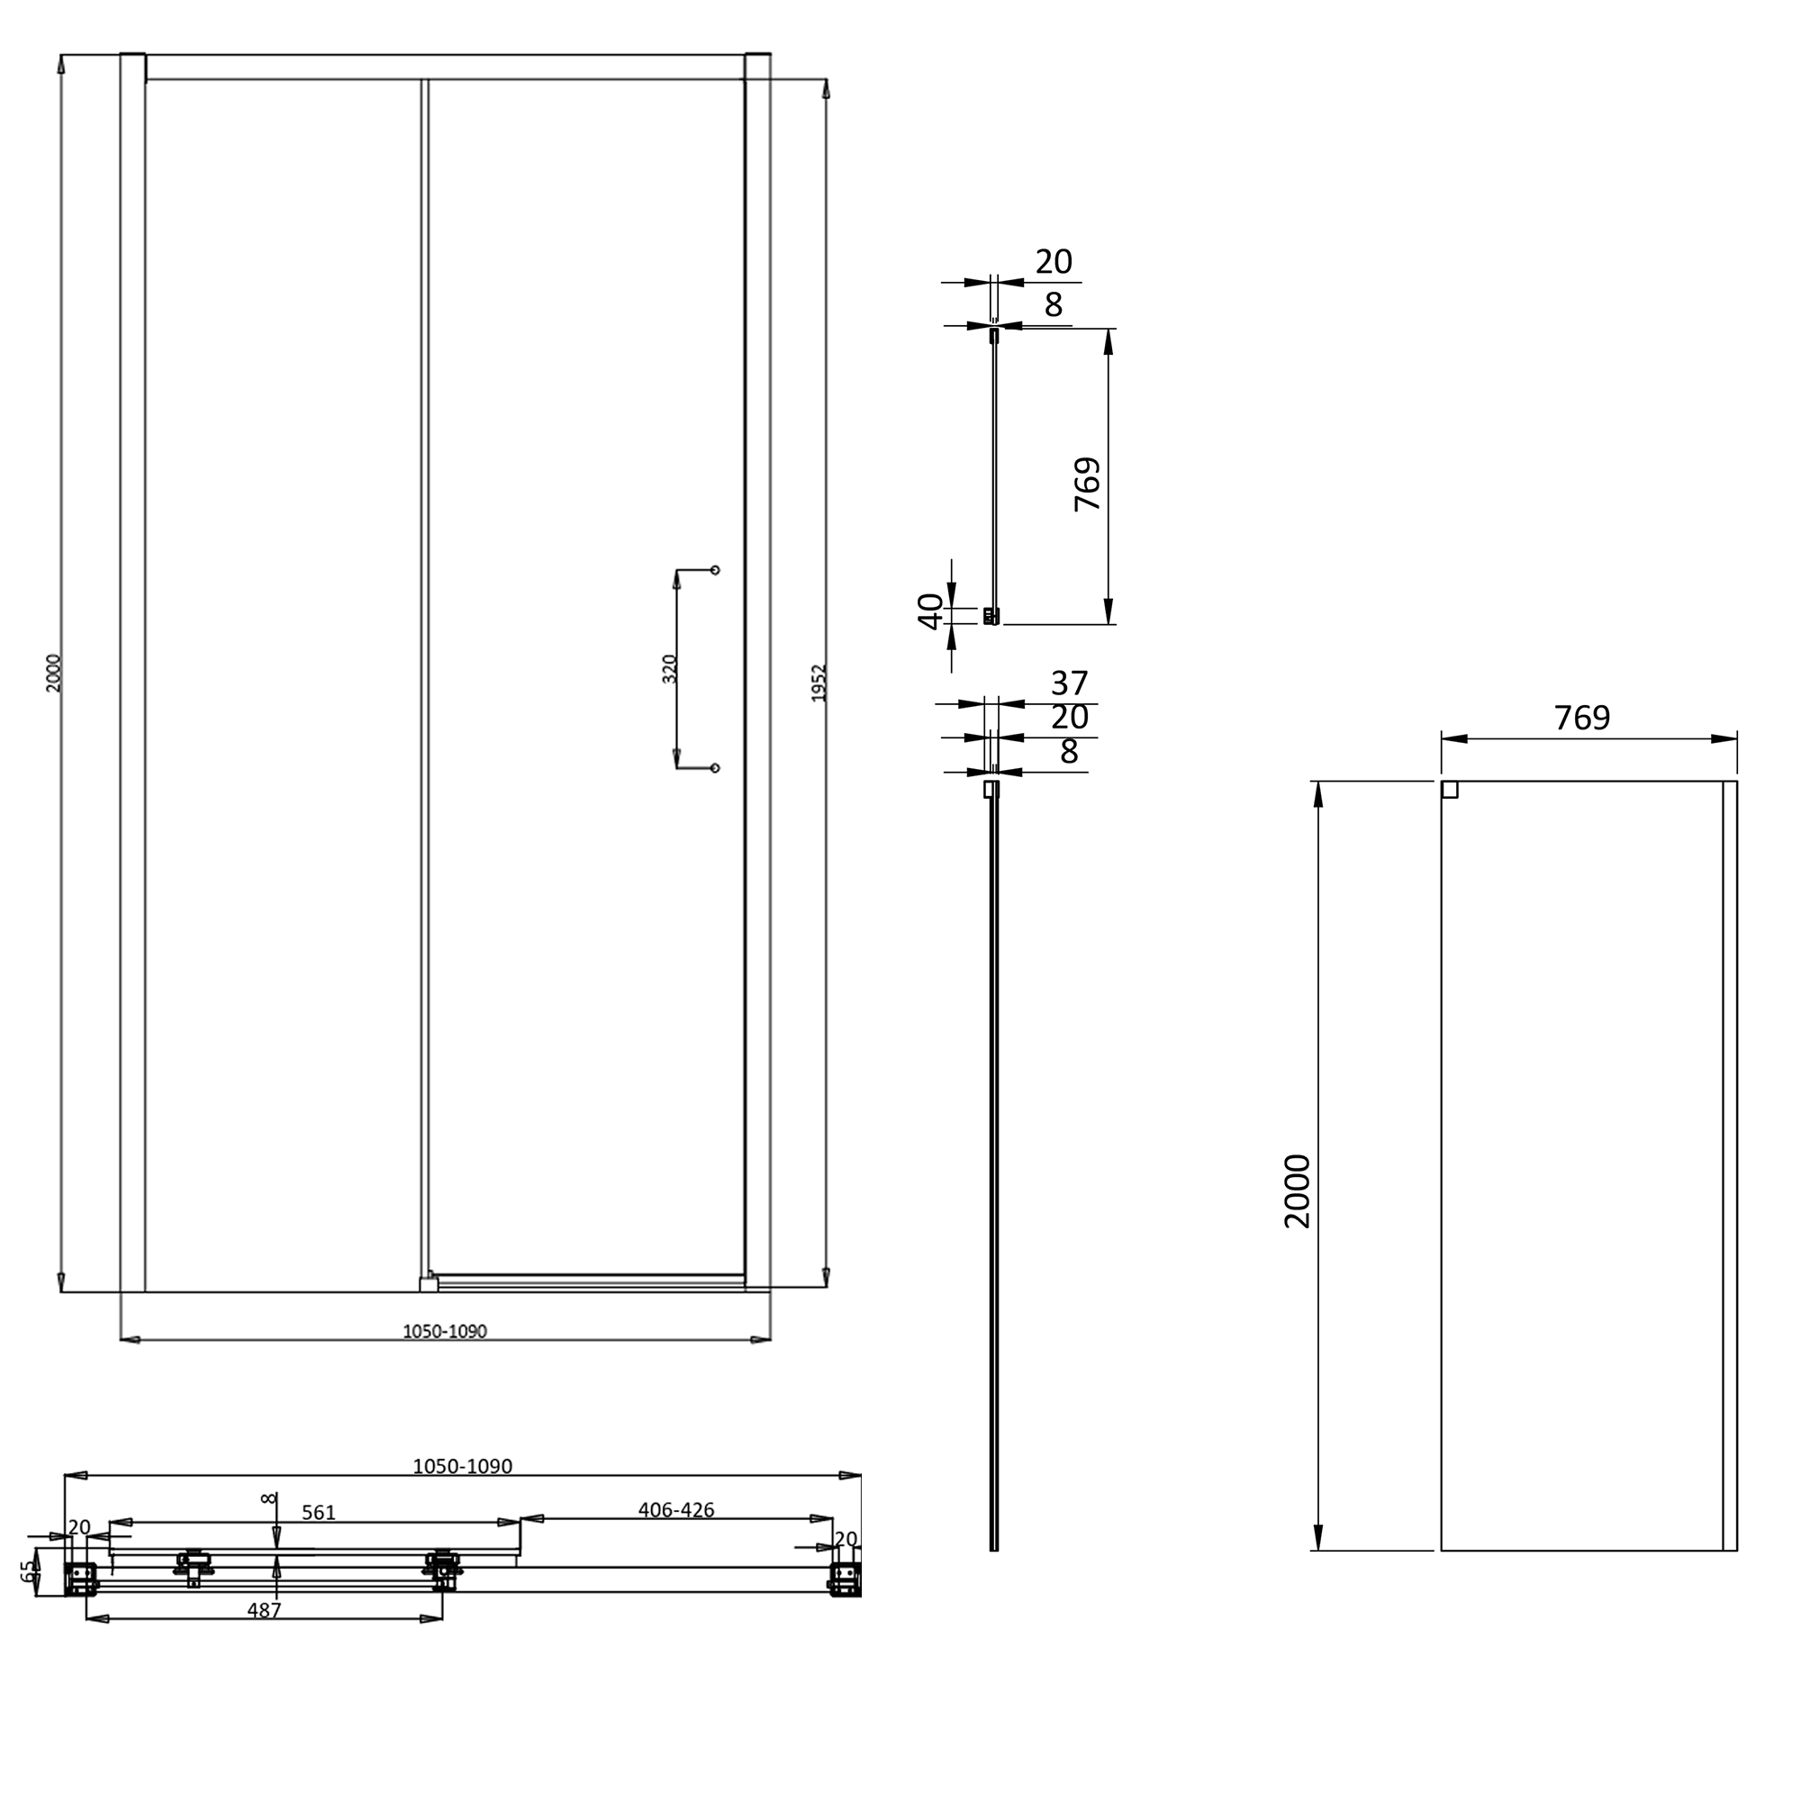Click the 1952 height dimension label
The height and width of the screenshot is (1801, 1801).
819,683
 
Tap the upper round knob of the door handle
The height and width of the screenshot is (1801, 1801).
715,570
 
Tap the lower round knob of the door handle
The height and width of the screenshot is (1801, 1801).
715,768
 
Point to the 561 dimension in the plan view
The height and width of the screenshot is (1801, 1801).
318,1512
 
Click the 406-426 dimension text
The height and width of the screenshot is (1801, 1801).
676,1509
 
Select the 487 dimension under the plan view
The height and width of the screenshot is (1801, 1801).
264,1610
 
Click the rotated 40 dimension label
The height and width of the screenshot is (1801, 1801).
931,611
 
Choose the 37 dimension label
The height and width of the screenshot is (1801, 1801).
1069,683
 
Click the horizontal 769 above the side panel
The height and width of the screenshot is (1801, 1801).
1582,718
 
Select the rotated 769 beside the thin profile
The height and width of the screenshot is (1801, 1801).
1087,483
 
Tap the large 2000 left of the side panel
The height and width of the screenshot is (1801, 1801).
1298,1191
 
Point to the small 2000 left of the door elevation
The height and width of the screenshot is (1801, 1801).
53,673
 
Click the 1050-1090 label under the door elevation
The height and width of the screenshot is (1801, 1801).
445,1331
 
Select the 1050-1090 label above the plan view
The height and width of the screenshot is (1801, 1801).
462,1466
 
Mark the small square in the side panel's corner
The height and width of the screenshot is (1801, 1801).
1450,790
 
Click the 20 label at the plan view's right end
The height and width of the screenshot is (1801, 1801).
846,1539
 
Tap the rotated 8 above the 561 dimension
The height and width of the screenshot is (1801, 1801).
269,1498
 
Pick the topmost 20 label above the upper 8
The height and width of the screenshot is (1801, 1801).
1054,262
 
